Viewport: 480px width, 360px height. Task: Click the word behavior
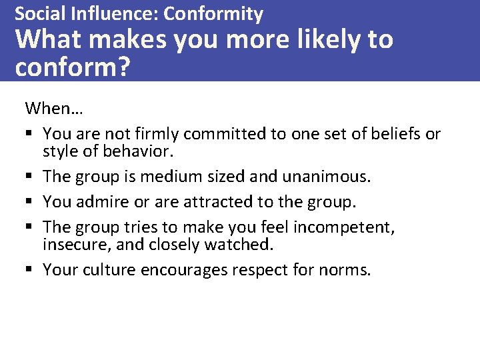pos(139,151)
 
